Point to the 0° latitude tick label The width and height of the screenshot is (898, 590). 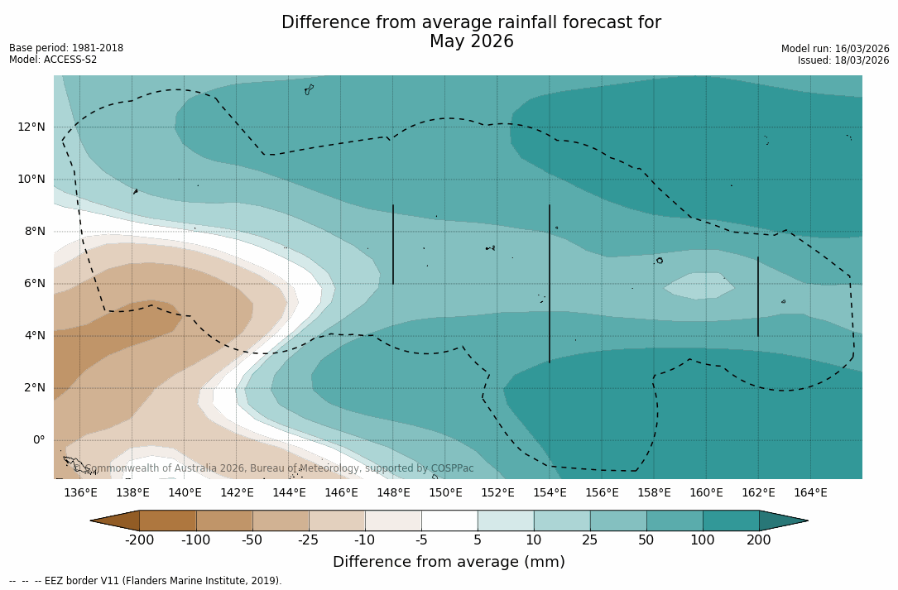coord(39,439)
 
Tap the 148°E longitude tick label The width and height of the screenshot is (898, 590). coord(393,492)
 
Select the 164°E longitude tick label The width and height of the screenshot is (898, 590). coord(810,492)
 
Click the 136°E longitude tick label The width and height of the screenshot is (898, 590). coord(80,492)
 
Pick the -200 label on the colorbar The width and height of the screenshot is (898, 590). coord(139,540)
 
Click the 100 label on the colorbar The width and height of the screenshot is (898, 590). coord(703,540)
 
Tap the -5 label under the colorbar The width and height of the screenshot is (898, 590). coord(421,540)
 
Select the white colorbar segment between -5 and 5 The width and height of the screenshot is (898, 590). coord(449,520)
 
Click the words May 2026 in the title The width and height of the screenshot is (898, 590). coord(471,41)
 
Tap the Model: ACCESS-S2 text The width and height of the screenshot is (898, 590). coord(53,60)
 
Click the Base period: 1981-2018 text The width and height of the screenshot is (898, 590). coord(66,48)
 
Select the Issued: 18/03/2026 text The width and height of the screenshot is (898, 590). coord(843,60)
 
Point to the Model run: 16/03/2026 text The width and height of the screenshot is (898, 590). coord(835,49)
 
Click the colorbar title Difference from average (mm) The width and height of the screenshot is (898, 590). coord(449,562)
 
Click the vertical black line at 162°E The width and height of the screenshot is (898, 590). coord(758,296)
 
